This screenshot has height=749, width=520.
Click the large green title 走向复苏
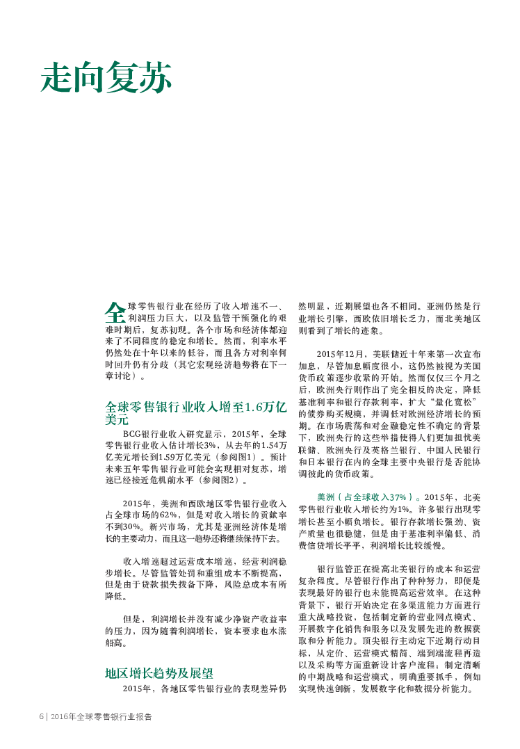tap(106, 77)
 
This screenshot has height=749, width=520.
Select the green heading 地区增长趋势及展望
tap(159, 673)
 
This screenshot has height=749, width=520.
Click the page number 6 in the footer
tap(42, 716)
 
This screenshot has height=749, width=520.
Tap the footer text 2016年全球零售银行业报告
tap(101, 716)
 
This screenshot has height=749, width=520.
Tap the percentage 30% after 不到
tap(132, 527)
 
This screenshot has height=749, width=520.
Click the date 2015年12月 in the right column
tap(339, 355)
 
